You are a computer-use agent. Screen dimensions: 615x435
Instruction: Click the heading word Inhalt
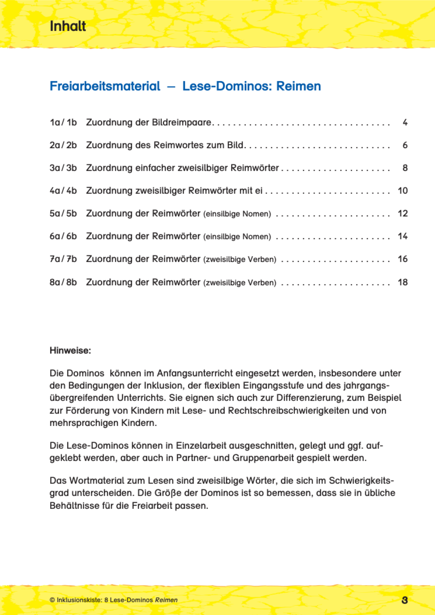tap(68, 26)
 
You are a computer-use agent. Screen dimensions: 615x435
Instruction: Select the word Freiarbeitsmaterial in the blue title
tap(105, 86)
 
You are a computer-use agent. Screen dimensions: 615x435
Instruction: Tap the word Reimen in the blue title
tap(298, 86)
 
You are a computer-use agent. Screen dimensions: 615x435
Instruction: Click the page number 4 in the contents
tap(405, 123)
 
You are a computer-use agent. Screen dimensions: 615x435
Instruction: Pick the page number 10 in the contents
tap(403, 191)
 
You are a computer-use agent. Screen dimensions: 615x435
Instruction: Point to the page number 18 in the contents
tap(403, 282)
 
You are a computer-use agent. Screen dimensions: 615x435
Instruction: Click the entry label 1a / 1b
tap(63, 123)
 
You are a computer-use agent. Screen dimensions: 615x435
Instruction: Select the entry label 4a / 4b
tap(63, 191)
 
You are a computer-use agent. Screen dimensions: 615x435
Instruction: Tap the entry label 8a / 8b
tap(63, 282)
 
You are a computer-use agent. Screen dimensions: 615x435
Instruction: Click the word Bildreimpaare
tap(182, 123)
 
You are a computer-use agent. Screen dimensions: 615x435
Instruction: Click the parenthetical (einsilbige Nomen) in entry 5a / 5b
tap(237, 214)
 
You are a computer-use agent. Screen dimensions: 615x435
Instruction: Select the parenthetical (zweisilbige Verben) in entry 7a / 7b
tap(240, 259)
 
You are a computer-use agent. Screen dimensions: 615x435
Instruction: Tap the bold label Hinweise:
tap(70, 350)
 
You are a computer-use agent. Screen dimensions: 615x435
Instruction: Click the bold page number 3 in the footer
tap(404, 600)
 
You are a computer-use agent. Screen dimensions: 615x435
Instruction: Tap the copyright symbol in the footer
tap(52, 600)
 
